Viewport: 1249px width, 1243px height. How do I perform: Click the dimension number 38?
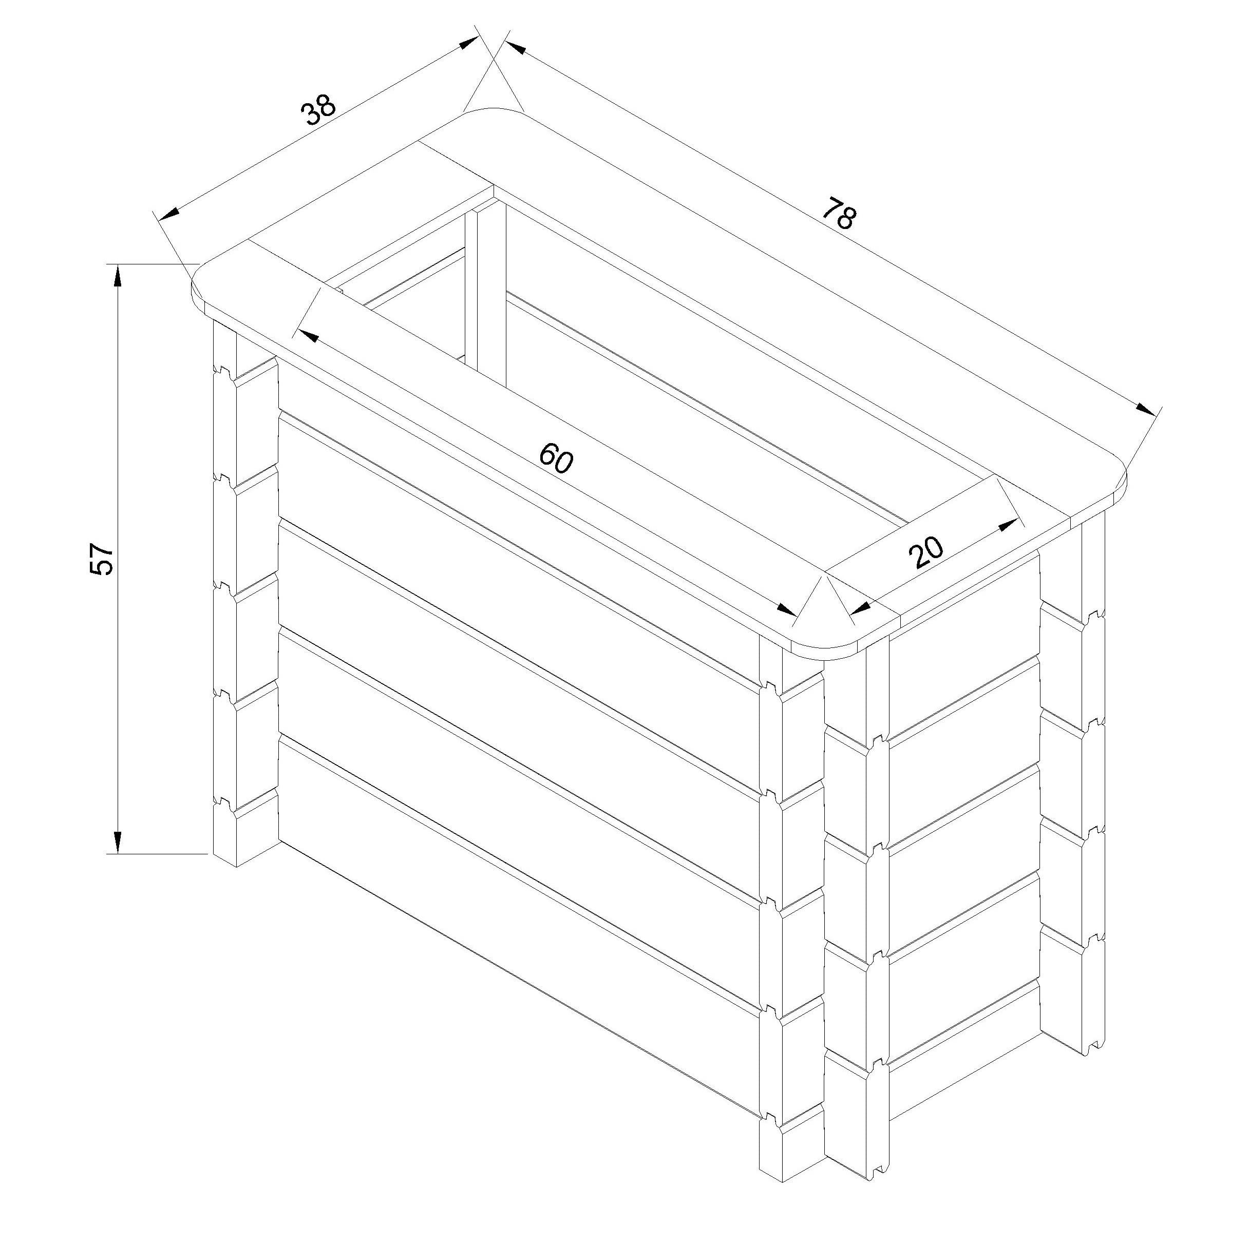pos(319,110)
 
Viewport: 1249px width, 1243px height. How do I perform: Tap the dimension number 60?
pos(556,457)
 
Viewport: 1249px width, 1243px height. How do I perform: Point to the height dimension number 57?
pos(102,558)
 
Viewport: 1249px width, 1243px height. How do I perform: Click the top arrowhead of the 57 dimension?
pos(118,276)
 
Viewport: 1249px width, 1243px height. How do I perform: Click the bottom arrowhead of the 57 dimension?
pos(118,842)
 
